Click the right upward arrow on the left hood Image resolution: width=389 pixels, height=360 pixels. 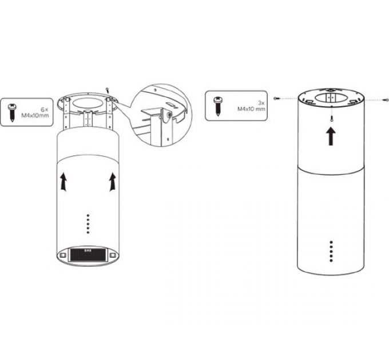tap(113, 182)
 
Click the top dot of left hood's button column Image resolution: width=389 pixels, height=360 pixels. tap(88, 215)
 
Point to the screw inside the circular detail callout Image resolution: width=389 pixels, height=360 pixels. tap(169, 114)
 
